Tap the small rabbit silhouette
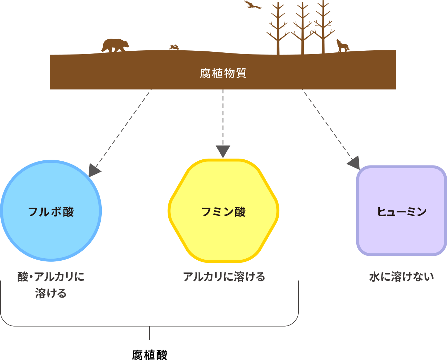(174, 47)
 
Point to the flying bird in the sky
(252, 5)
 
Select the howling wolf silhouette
(342, 46)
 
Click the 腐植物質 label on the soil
(223, 73)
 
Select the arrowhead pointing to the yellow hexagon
(223, 151)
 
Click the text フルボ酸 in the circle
(51, 212)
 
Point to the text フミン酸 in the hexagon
(223, 212)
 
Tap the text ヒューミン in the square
(402, 212)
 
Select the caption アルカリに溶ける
(224, 277)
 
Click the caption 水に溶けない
(401, 277)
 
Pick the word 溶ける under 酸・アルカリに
(51, 293)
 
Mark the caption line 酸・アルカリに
(51, 277)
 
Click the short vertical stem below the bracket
(149, 333)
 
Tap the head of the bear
(125, 44)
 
